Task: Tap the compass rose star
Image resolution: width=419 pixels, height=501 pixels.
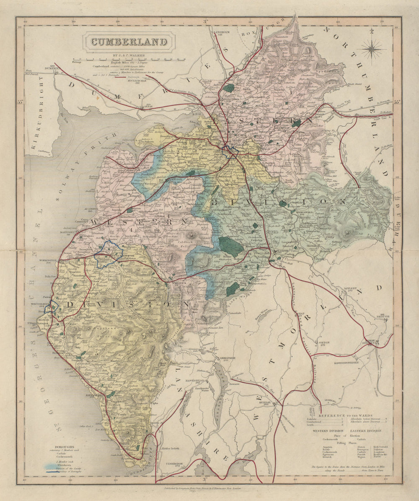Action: tap(371, 49)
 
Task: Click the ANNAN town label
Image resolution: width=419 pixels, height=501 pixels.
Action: tap(150, 107)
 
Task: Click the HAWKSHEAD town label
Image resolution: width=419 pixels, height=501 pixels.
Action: tap(203, 380)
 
